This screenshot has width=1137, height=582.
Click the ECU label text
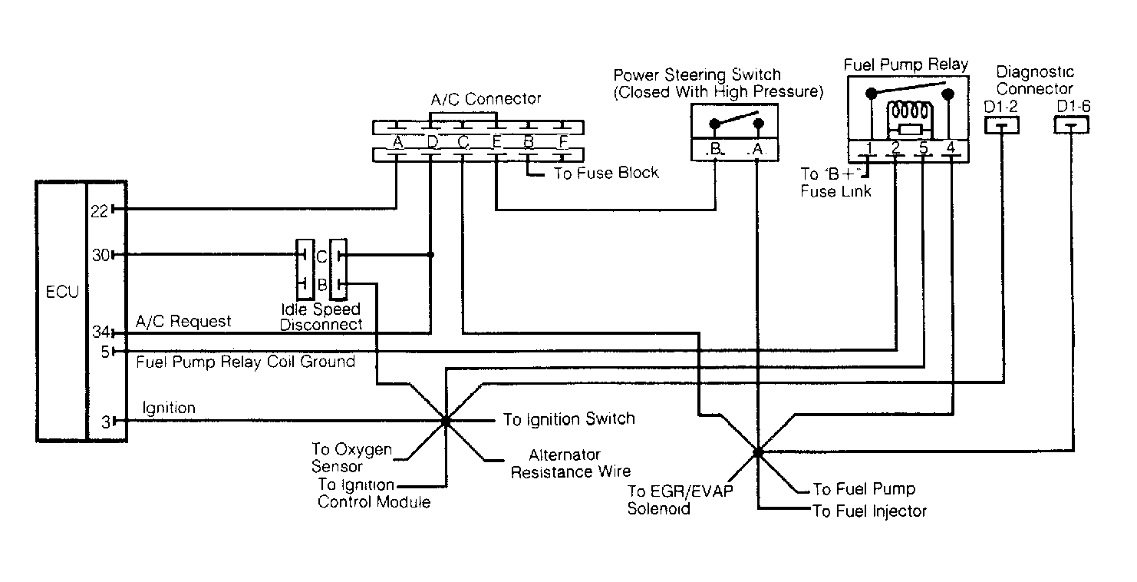point(62,292)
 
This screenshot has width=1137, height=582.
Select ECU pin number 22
point(100,210)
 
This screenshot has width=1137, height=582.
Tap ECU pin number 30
point(101,255)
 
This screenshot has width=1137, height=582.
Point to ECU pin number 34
point(101,332)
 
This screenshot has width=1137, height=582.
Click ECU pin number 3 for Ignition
point(106,422)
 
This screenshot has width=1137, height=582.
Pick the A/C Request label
point(183,321)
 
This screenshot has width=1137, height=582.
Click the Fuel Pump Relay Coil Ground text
point(246,362)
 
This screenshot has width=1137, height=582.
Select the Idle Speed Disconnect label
point(321,317)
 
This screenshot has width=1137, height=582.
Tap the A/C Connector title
point(486,98)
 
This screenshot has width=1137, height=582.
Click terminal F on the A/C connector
point(562,142)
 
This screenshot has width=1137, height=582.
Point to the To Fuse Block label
point(606,174)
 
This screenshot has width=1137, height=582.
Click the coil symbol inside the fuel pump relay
point(910,111)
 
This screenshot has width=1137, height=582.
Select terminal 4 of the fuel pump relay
point(951,147)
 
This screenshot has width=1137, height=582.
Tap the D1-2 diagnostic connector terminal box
point(1001,125)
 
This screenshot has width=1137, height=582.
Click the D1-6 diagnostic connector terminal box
point(1072,125)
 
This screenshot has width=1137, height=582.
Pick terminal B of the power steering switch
point(715,149)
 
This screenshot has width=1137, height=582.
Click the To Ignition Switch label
point(569,419)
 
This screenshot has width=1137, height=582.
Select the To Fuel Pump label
point(864,488)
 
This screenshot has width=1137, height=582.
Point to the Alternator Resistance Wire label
point(571,463)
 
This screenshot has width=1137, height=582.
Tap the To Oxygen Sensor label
point(351,457)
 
